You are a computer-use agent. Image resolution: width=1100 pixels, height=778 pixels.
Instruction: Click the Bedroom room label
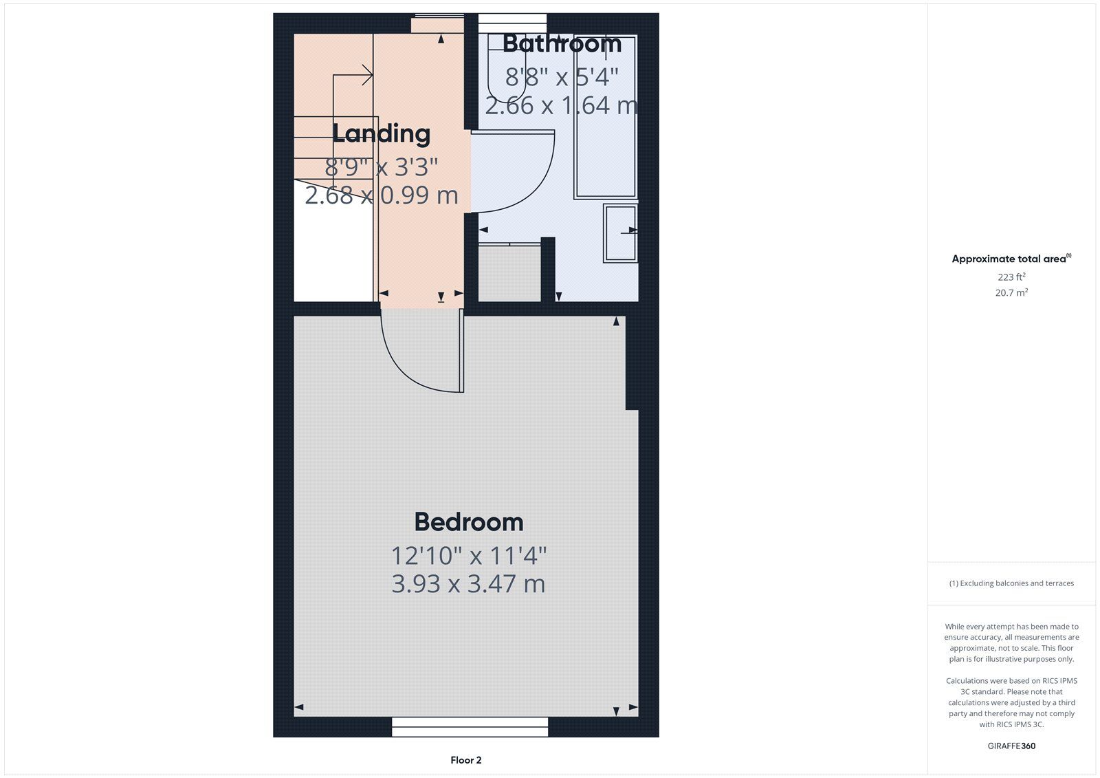(x=469, y=522)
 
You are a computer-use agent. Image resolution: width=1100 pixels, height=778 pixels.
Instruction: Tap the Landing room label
(x=381, y=133)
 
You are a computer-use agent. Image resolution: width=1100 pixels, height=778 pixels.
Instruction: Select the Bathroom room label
(x=562, y=44)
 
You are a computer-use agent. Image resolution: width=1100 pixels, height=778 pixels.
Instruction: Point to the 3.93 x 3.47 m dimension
(x=468, y=584)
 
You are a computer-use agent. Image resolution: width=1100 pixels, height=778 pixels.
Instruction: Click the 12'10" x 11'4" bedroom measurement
(x=468, y=556)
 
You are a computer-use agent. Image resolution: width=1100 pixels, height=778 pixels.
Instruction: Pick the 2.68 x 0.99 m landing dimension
(x=381, y=195)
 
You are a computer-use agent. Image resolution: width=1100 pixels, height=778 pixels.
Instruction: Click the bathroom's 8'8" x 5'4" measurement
(x=562, y=76)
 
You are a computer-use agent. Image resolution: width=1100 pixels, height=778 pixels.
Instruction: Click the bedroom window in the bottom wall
(x=470, y=727)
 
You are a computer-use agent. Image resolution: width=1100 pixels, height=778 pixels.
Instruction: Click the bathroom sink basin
(x=621, y=233)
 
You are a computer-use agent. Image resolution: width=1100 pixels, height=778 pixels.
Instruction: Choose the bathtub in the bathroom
(x=606, y=117)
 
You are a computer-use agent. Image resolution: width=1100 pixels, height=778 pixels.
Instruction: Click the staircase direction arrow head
(x=367, y=75)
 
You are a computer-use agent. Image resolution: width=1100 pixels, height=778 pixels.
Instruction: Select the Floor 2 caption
(x=466, y=760)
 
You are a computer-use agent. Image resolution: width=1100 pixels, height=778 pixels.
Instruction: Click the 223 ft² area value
(x=1011, y=277)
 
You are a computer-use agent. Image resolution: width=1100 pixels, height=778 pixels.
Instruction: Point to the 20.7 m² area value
(x=1011, y=292)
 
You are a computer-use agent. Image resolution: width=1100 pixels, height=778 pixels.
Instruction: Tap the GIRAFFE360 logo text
(x=1011, y=746)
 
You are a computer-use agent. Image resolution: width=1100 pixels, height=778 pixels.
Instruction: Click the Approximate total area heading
(x=1011, y=259)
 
